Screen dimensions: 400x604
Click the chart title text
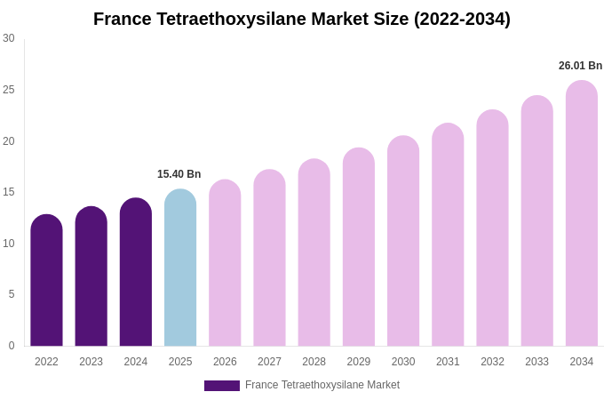(x=302, y=19)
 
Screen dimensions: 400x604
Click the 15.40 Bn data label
(x=179, y=174)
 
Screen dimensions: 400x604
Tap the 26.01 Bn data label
(x=580, y=66)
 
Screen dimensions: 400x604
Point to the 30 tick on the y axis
(x=9, y=38)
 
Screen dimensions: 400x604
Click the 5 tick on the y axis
(x=12, y=294)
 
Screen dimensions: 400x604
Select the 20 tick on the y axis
(x=9, y=140)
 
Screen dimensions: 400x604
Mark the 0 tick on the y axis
(x=12, y=346)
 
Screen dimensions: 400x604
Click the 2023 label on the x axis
(x=91, y=362)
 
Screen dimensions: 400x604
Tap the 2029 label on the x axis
(x=359, y=362)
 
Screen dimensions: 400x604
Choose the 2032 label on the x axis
(x=492, y=362)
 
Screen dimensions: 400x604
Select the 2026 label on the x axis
(x=225, y=362)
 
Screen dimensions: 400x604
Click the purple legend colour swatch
(x=222, y=386)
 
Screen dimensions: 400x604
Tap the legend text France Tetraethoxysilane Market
(x=322, y=385)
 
